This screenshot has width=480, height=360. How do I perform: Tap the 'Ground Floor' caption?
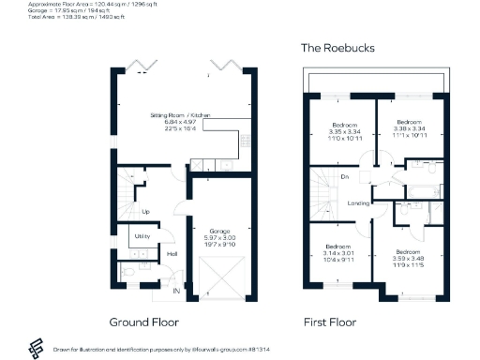(143, 322)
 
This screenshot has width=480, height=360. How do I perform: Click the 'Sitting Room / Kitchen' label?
(181, 114)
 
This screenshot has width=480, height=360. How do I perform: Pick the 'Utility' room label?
(143, 236)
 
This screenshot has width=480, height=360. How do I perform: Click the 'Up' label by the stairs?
(145, 212)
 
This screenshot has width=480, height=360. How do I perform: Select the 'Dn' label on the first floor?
(345, 176)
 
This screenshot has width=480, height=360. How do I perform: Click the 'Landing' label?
(356, 202)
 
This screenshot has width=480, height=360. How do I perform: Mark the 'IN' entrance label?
(176, 292)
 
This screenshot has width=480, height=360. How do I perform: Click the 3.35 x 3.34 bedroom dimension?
(344, 133)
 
